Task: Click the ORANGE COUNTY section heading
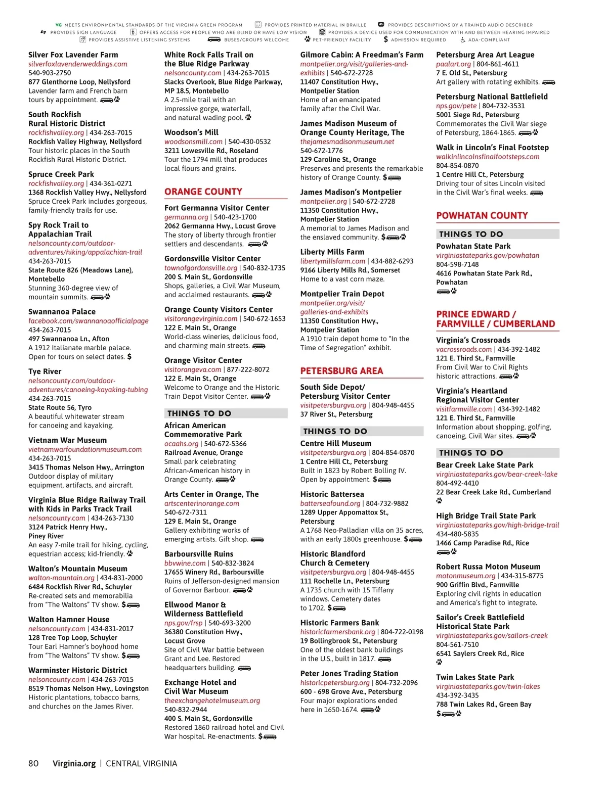tap(203, 192)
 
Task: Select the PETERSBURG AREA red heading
tap(341, 371)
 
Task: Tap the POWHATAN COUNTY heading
tap(482, 215)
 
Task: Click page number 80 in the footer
tap(33, 763)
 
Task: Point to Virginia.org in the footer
tap(74, 763)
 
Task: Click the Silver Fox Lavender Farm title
tap(73, 55)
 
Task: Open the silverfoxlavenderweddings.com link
tap(78, 64)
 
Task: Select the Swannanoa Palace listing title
tap(62, 312)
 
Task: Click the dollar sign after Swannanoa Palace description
tap(129, 356)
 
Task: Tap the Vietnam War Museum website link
tap(85, 449)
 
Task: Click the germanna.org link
tap(186, 217)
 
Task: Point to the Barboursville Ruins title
tap(199, 554)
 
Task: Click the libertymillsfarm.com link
tap(332, 261)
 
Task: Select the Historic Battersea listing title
tap(332, 494)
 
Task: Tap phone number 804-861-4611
tap(498, 64)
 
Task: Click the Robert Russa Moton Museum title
tap(488, 567)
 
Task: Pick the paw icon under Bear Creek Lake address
tap(439, 501)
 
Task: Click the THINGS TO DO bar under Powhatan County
tap(498, 234)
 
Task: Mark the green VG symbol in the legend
tap(58, 25)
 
